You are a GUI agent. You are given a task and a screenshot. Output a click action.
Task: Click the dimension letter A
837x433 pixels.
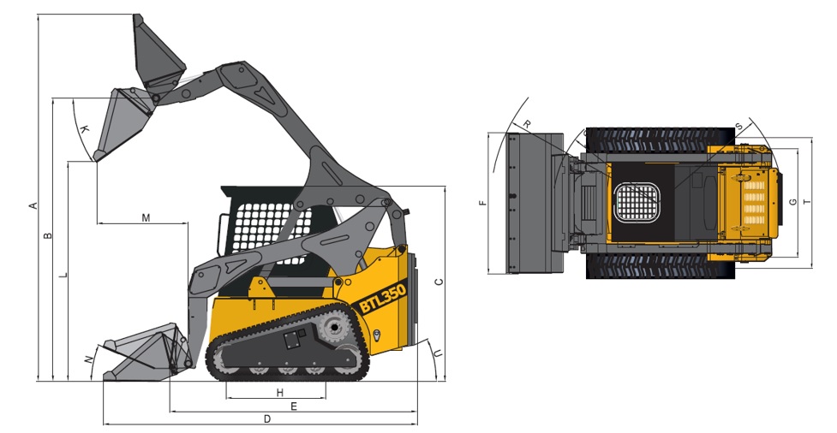(33, 205)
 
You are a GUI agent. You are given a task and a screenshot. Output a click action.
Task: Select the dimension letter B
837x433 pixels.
(48, 234)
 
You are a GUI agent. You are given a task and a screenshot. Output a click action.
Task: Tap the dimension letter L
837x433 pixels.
(63, 276)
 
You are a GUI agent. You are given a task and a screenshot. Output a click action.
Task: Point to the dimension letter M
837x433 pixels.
(146, 217)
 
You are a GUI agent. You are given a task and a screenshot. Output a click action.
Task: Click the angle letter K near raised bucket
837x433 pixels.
(84, 128)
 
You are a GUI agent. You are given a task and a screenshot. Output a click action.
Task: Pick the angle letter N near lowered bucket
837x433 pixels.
(89, 359)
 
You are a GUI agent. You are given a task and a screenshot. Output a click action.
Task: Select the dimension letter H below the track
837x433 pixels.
(279, 393)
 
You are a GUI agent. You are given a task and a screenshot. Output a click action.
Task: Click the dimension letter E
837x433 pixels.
(294, 406)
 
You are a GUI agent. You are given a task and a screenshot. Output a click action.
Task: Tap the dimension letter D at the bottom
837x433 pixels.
(267, 419)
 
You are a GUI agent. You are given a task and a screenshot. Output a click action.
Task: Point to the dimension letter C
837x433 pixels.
(439, 282)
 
